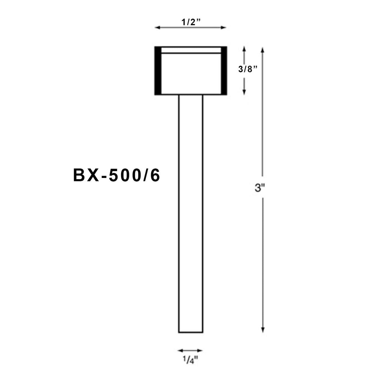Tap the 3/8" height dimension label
click(247, 69)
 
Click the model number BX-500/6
click(116, 176)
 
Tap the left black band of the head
click(157, 71)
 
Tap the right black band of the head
click(224, 71)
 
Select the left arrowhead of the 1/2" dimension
click(157, 28)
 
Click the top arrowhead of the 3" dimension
click(263, 50)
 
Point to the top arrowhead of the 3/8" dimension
click(244, 49)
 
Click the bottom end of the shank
click(190, 332)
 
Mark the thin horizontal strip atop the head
click(191, 50)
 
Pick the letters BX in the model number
click(85, 176)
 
